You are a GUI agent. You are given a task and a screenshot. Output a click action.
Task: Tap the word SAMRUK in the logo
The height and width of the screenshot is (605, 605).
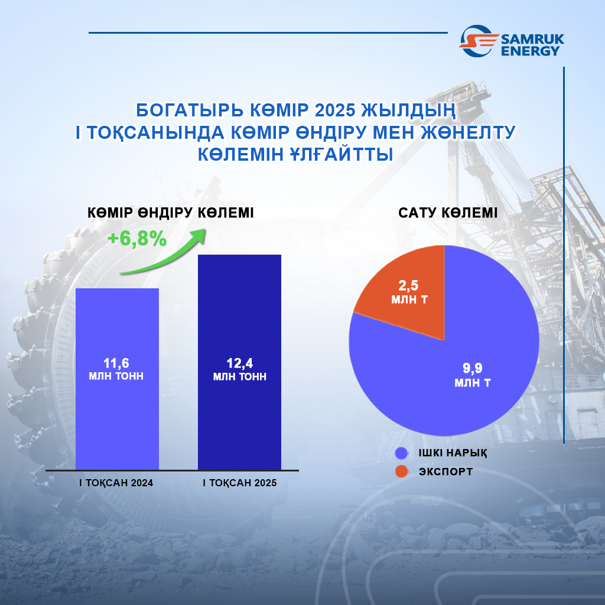pos(532,39)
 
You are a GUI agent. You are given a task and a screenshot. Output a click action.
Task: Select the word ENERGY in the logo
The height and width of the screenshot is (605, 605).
pos(530,51)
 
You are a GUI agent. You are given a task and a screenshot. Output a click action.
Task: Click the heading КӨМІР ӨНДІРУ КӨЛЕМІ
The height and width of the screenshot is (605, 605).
pos(171,213)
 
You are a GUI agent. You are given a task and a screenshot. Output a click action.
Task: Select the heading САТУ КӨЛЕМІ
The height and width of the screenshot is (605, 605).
pos(448,213)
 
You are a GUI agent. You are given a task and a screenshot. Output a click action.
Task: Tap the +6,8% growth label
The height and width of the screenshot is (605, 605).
pos(137,239)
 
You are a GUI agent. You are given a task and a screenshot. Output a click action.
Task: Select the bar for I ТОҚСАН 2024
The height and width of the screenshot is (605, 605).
pos(118,379)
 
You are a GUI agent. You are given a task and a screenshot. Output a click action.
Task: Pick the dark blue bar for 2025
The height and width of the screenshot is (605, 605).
pos(240,362)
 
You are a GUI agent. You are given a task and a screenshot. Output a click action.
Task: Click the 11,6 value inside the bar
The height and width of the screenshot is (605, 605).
pos(116,363)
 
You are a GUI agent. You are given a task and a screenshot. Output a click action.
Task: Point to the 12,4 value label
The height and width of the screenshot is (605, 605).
pos(240,363)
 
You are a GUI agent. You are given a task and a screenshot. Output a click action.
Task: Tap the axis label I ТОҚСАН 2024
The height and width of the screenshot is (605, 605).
pos(116,483)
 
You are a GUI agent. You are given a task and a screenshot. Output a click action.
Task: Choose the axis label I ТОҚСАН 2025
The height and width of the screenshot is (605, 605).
pos(240,483)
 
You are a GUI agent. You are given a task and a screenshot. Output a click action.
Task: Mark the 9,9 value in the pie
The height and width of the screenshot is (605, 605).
pos(473,368)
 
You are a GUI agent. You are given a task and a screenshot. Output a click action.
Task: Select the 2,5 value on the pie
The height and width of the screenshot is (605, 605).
pos(409,285)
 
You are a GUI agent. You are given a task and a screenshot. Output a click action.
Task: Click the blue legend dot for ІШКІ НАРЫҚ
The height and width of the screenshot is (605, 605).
pos(402,453)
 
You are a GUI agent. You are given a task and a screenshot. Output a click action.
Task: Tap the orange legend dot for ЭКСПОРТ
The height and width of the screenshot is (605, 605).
pos(402,471)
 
